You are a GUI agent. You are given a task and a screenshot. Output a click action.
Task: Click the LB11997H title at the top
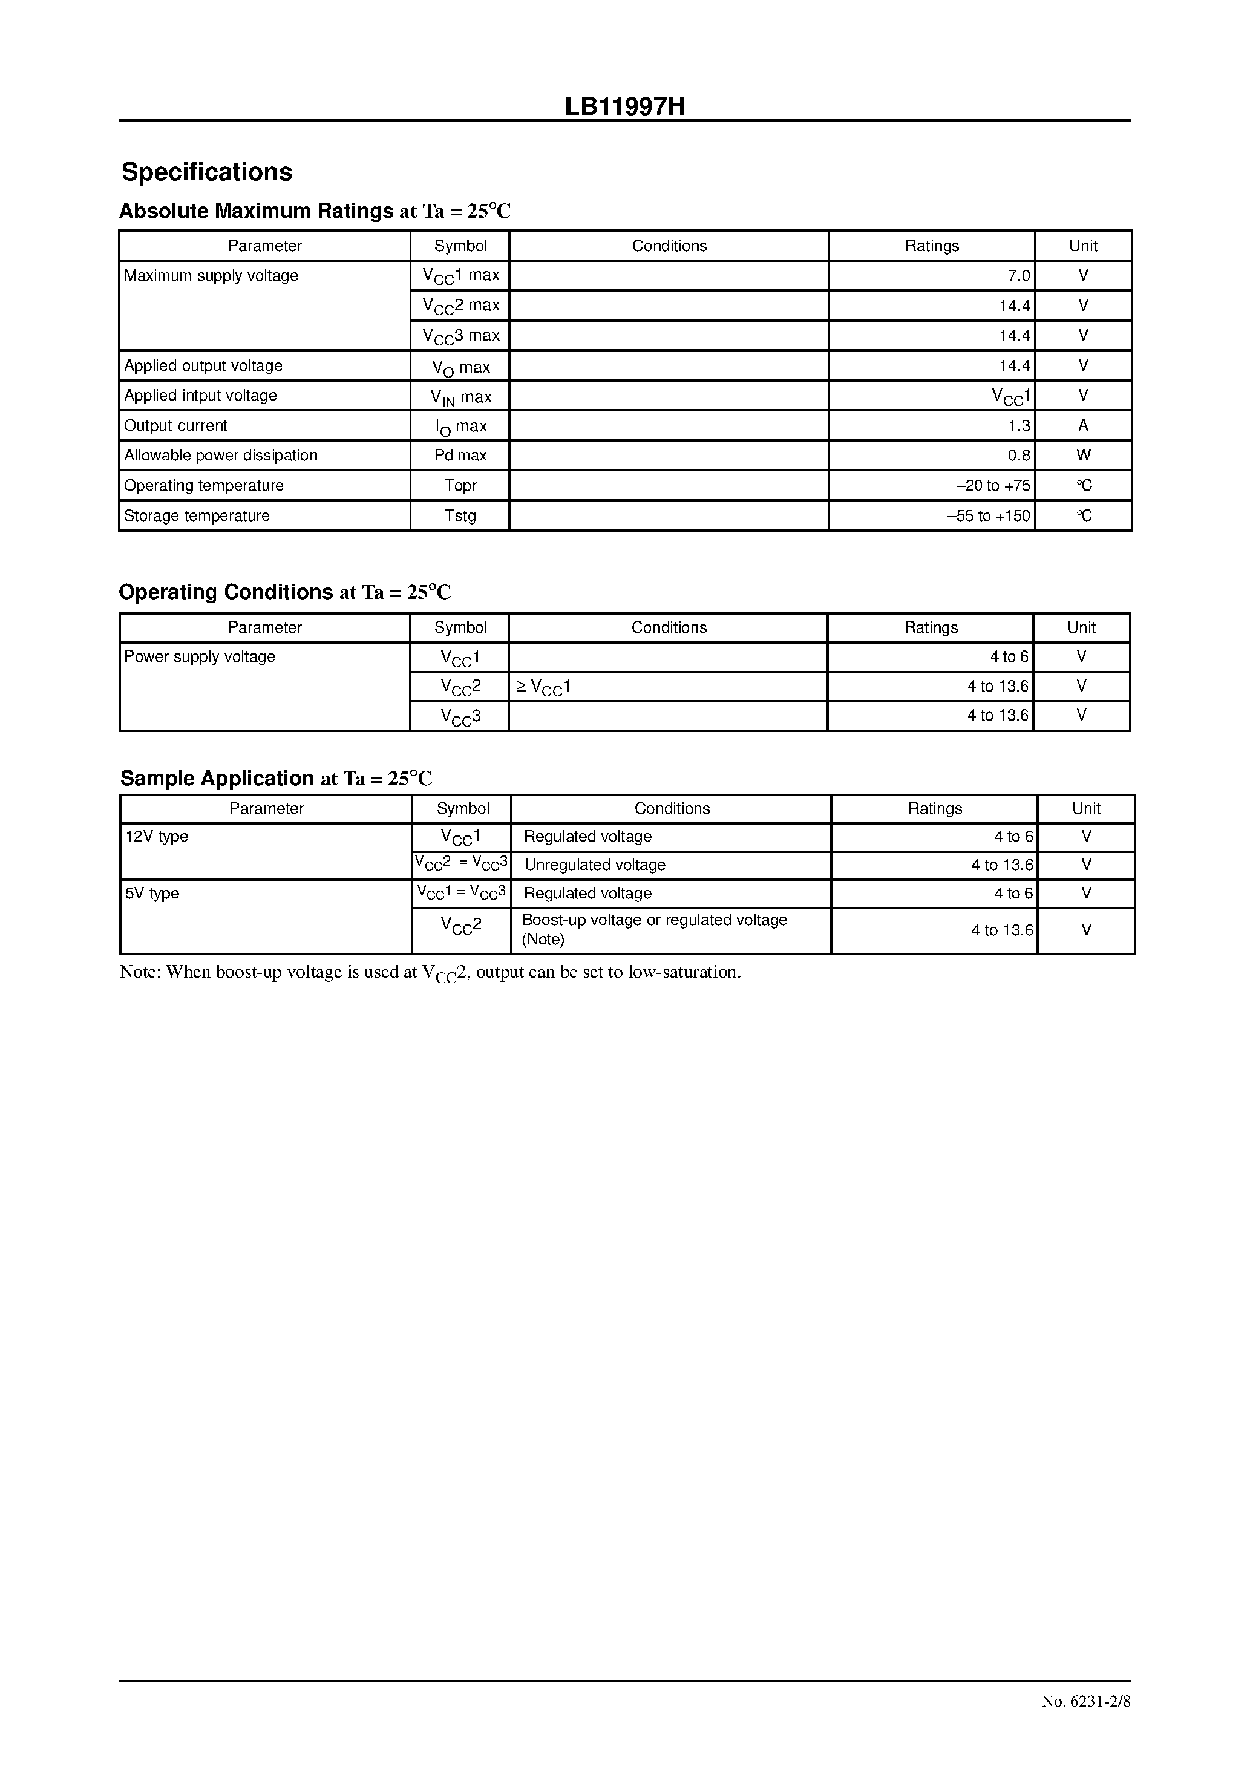pos(624,107)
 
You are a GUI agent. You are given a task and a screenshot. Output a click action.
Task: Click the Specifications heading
pos(206,172)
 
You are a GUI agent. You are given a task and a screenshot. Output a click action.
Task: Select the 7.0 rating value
pos(1018,276)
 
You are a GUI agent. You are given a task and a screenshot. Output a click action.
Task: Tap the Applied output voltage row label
pos(203,366)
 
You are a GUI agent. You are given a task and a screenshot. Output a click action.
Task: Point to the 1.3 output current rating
pos(1018,425)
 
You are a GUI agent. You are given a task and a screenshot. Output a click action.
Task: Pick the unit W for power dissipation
pos(1083,456)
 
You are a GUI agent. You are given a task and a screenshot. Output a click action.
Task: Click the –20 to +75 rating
pos(993,485)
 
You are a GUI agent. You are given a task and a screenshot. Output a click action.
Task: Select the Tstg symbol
pos(460,515)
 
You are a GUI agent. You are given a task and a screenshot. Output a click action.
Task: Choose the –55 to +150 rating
pos(988,515)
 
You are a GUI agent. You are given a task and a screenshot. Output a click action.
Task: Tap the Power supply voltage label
pos(200,656)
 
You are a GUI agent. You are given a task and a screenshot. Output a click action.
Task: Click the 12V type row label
pos(157,837)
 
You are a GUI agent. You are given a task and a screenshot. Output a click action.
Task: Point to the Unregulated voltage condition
pos(594,865)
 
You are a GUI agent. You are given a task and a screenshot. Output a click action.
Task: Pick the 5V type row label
pos(152,894)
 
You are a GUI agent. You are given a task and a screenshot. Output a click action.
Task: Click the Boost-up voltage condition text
pos(653,921)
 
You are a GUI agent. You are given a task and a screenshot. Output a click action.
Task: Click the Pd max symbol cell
pos(460,456)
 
